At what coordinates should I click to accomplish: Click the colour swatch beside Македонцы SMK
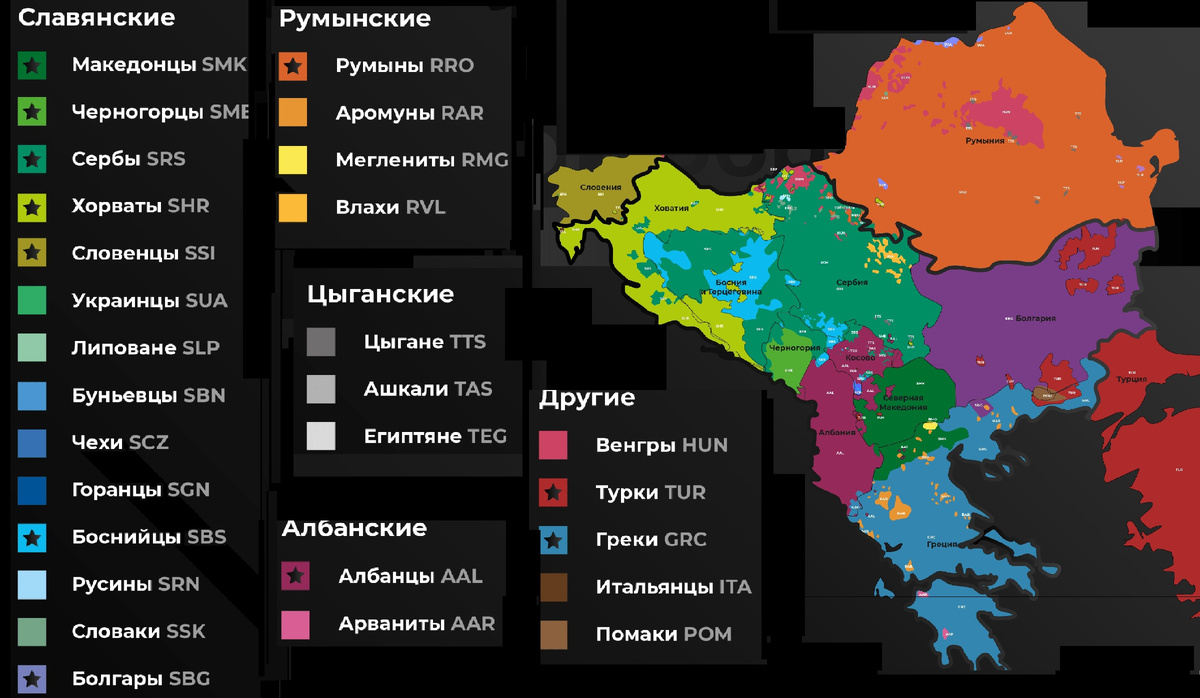(32, 66)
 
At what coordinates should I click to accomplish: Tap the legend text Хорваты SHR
(140, 207)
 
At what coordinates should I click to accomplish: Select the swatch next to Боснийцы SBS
(32, 538)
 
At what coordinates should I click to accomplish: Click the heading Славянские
(97, 18)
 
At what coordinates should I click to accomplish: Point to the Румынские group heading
(355, 19)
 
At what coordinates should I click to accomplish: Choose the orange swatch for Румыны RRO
(293, 67)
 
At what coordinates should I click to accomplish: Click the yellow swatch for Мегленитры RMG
(293, 161)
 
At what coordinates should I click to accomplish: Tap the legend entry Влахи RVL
(390, 208)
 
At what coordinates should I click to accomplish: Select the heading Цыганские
(380, 295)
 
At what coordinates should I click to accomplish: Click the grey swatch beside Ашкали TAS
(321, 390)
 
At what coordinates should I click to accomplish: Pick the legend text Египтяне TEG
(435, 437)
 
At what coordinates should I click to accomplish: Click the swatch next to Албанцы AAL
(296, 577)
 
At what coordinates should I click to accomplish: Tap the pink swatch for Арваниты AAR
(296, 625)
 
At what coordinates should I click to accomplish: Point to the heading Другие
(587, 398)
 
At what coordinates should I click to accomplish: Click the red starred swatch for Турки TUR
(553, 493)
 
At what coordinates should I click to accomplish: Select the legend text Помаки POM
(663, 635)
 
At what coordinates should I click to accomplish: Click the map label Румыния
(984, 141)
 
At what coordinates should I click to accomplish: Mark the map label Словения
(601, 187)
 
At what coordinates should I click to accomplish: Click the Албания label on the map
(836, 432)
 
